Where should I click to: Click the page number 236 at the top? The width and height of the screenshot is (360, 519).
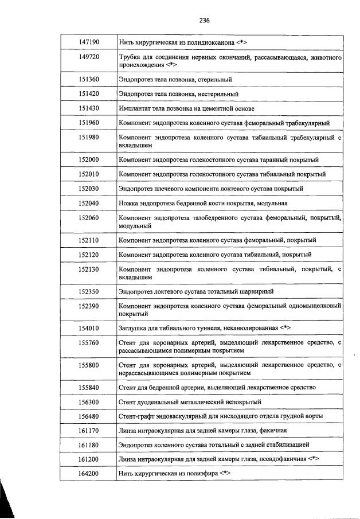[205, 20]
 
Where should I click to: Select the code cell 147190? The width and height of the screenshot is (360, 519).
[89, 42]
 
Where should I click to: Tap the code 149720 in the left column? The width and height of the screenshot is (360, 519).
[89, 57]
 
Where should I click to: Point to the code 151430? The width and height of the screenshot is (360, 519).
[89, 108]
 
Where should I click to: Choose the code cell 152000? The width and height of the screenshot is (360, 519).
[89, 159]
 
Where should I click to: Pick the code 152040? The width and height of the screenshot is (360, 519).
[89, 203]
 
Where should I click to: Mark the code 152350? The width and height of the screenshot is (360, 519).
[89, 292]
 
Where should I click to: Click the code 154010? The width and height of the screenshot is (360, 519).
[89, 328]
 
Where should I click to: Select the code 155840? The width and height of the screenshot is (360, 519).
[89, 387]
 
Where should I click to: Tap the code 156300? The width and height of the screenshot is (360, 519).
[89, 402]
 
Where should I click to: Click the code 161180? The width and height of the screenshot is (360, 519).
[89, 444]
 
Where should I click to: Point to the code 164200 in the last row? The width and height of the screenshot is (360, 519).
[89, 474]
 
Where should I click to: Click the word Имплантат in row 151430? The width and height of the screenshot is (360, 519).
[135, 108]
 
